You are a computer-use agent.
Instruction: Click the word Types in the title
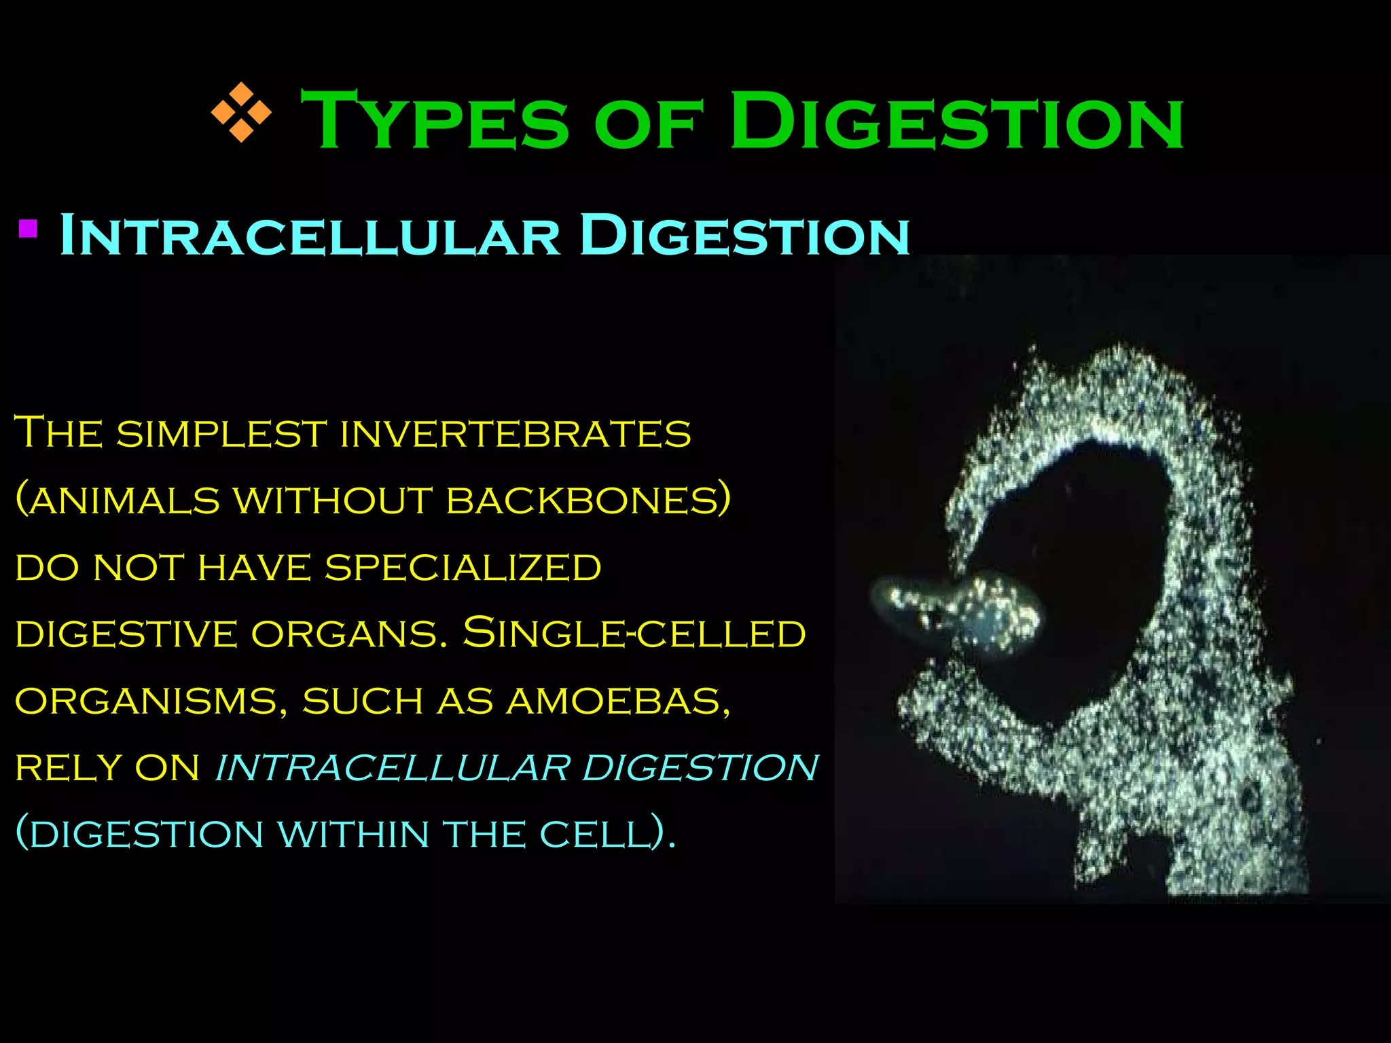pyautogui.click(x=435, y=121)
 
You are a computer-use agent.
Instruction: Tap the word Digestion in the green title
pyautogui.click(x=956, y=121)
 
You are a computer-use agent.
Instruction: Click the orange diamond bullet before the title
pyautogui.click(x=241, y=112)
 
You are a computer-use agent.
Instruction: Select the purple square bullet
pyautogui.click(x=28, y=228)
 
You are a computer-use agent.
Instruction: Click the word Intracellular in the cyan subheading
pyautogui.click(x=309, y=235)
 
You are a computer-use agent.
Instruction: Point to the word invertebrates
pyautogui.click(x=515, y=433)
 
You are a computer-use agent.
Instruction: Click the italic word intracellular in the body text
pyautogui.click(x=393, y=767)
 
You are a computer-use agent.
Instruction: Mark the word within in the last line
pyautogui.click(x=353, y=834)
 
